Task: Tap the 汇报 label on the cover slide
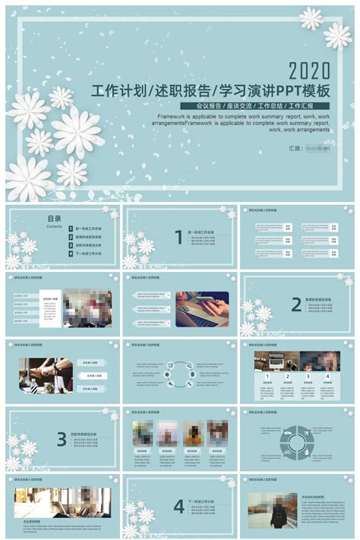click(295, 149)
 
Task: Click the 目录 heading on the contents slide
click(54, 219)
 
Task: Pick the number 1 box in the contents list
click(69, 228)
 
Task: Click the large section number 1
click(178, 238)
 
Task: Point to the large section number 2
click(296, 305)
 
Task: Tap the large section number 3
click(62, 438)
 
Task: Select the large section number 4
click(178, 506)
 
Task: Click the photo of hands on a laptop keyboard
click(202, 309)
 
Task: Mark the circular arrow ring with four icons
click(179, 374)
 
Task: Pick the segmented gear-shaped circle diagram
click(297, 442)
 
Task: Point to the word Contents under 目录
click(54, 226)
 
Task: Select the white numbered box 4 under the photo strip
click(327, 375)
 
